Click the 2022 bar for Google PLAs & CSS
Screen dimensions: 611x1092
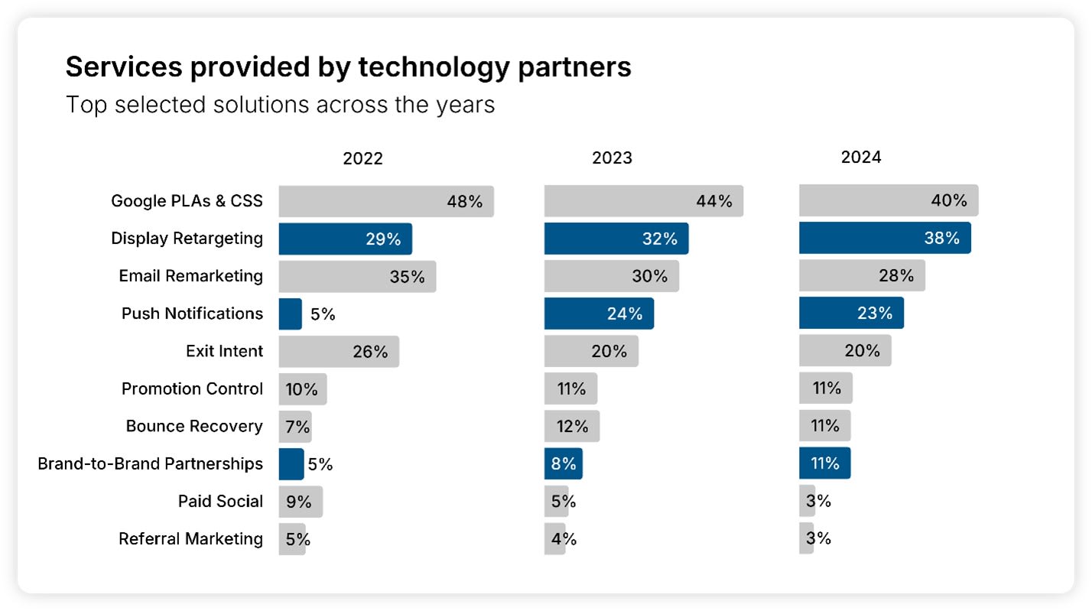pyautogui.click(x=385, y=201)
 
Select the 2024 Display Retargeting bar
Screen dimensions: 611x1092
pyautogui.click(x=885, y=238)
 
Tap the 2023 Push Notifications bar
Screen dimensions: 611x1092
pyautogui.click(x=599, y=314)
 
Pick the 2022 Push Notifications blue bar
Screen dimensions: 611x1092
pyautogui.click(x=290, y=314)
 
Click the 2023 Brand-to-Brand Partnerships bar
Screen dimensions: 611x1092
pyautogui.click(x=563, y=463)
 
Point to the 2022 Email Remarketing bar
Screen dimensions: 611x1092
pyautogui.click(x=357, y=276)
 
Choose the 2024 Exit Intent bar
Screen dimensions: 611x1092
pyautogui.click(x=845, y=351)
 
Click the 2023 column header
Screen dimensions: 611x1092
pyautogui.click(x=612, y=158)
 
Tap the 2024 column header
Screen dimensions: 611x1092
pyautogui.click(x=861, y=157)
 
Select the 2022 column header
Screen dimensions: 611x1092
pyautogui.click(x=362, y=158)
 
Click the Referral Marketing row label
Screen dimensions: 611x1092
pyautogui.click(x=190, y=538)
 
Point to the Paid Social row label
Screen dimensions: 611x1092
pyautogui.click(x=220, y=501)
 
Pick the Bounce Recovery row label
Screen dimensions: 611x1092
pyautogui.click(x=194, y=426)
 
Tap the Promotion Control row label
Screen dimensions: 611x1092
pyautogui.click(x=192, y=388)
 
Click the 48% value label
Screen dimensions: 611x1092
pyautogui.click(x=465, y=202)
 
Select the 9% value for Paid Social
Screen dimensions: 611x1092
pyautogui.click(x=299, y=502)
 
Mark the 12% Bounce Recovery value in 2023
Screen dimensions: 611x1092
pyautogui.click(x=572, y=427)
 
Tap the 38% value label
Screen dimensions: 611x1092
pyautogui.click(x=941, y=238)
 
